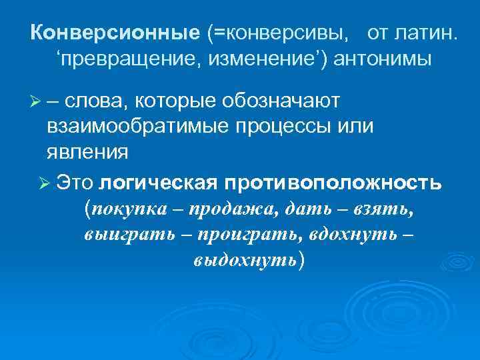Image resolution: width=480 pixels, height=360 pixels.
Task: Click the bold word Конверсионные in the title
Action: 115,33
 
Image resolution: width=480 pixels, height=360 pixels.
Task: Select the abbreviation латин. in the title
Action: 426,33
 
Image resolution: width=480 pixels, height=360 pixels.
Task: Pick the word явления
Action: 87,151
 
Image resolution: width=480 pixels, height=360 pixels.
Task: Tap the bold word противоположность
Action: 333,182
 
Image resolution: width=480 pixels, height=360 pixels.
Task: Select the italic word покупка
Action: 133,209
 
